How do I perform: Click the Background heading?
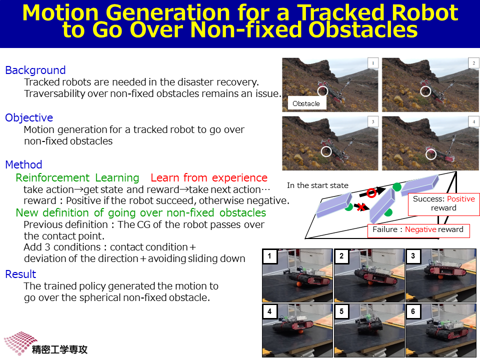coord(35,70)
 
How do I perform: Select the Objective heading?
coord(29,118)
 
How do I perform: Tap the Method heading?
coord(23,164)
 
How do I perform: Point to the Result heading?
coord(20,274)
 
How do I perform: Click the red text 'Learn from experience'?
coord(209,178)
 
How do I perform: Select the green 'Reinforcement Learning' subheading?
coord(77,178)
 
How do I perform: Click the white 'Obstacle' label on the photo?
coord(306,103)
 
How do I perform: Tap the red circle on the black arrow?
coord(371,193)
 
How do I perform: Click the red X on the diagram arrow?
coord(361,207)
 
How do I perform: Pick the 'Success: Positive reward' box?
coord(444,204)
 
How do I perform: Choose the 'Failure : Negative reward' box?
coord(418,230)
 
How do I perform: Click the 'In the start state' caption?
coord(318,185)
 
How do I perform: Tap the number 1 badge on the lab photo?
coord(269,256)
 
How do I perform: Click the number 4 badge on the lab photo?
coord(269,311)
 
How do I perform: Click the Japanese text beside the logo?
coord(59,349)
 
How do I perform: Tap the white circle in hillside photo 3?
coord(326,151)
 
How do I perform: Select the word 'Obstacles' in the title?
coord(363,30)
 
